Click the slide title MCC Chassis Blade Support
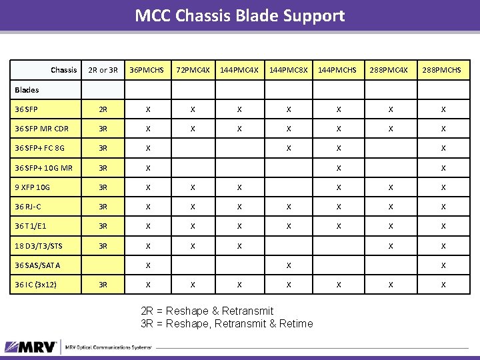[240, 15]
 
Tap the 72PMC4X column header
[193, 70]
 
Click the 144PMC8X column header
[288, 70]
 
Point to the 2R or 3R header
[103, 70]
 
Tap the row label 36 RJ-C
[29, 207]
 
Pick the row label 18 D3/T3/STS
[39, 246]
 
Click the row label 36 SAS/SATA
[37, 265]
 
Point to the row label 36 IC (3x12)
[36, 285]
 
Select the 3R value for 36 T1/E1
[103, 227]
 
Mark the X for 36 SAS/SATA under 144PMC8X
[288, 265]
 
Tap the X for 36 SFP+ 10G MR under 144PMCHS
[339, 168]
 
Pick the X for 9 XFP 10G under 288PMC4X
[391, 188]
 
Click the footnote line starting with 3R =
[227, 324]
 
